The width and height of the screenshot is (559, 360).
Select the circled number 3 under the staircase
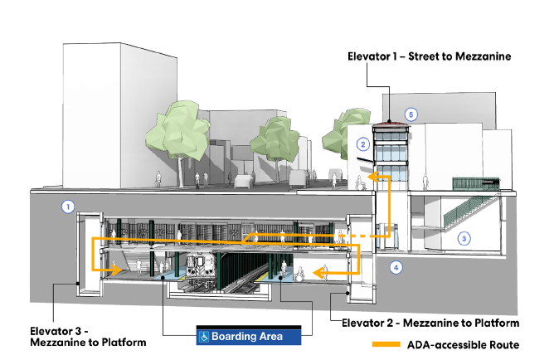coord(464,238)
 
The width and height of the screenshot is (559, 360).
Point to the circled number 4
coord(396,267)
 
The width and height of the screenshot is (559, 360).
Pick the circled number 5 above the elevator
coord(410,114)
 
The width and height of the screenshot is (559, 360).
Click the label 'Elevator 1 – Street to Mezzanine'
coord(428,56)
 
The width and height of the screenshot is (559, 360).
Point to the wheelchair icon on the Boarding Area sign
coord(203,336)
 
